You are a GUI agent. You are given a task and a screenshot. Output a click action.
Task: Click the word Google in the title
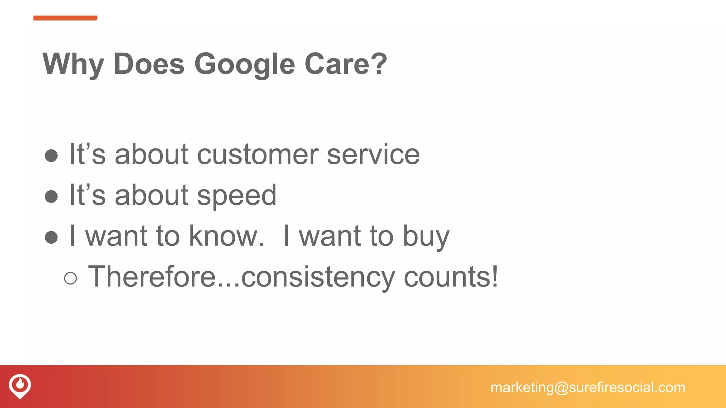[x=245, y=64]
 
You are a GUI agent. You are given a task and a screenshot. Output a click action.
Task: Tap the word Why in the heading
[x=73, y=64]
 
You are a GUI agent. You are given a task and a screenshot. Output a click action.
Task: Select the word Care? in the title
[x=346, y=64]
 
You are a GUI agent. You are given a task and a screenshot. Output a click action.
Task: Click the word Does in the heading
[x=149, y=64]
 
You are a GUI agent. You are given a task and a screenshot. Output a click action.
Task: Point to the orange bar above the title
[x=65, y=18]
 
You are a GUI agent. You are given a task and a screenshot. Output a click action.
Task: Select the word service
[x=373, y=155]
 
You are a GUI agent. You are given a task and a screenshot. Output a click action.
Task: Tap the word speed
[x=236, y=196]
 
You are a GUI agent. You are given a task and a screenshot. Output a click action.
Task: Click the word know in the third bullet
[x=227, y=236]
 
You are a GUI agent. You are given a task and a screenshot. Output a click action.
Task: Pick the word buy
[x=426, y=237]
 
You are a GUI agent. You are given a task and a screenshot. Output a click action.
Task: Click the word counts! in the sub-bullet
[x=451, y=277]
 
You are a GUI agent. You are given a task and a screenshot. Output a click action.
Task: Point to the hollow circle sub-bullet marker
[x=71, y=278]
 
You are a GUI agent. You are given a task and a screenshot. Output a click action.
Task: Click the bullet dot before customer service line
[x=51, y=156]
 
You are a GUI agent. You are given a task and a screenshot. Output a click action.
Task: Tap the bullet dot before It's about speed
[x=51, y=197]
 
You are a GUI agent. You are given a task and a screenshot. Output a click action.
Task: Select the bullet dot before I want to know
[x=51, y=237]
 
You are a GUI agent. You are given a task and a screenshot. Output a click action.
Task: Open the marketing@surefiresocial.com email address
[x=588, y=387]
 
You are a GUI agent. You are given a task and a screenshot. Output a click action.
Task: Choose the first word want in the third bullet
[x=116, y=237]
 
